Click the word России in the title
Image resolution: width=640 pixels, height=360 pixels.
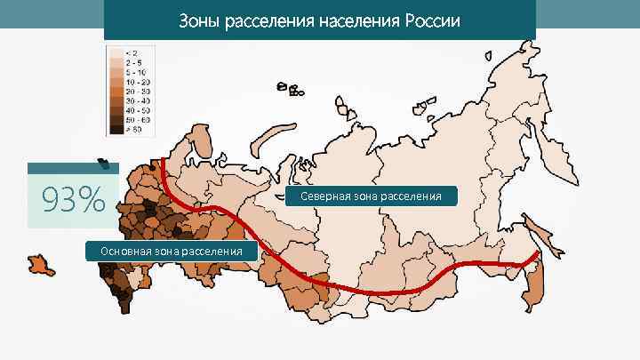point(432,20)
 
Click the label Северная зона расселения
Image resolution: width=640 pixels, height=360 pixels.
point(371,196)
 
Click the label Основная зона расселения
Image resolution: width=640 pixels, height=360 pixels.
point(172,252)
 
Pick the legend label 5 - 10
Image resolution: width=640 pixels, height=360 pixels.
point(136,72)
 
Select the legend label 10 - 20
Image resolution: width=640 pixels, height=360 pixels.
point(138,82)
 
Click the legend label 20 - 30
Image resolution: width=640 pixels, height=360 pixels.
point(138,91)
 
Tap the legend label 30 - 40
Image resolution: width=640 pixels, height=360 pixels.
point(138,100)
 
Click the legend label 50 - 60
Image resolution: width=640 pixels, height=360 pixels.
point(138,119)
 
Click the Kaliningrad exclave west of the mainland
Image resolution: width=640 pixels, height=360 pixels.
point(40,264)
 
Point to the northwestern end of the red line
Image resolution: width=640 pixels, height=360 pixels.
point(162,161)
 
